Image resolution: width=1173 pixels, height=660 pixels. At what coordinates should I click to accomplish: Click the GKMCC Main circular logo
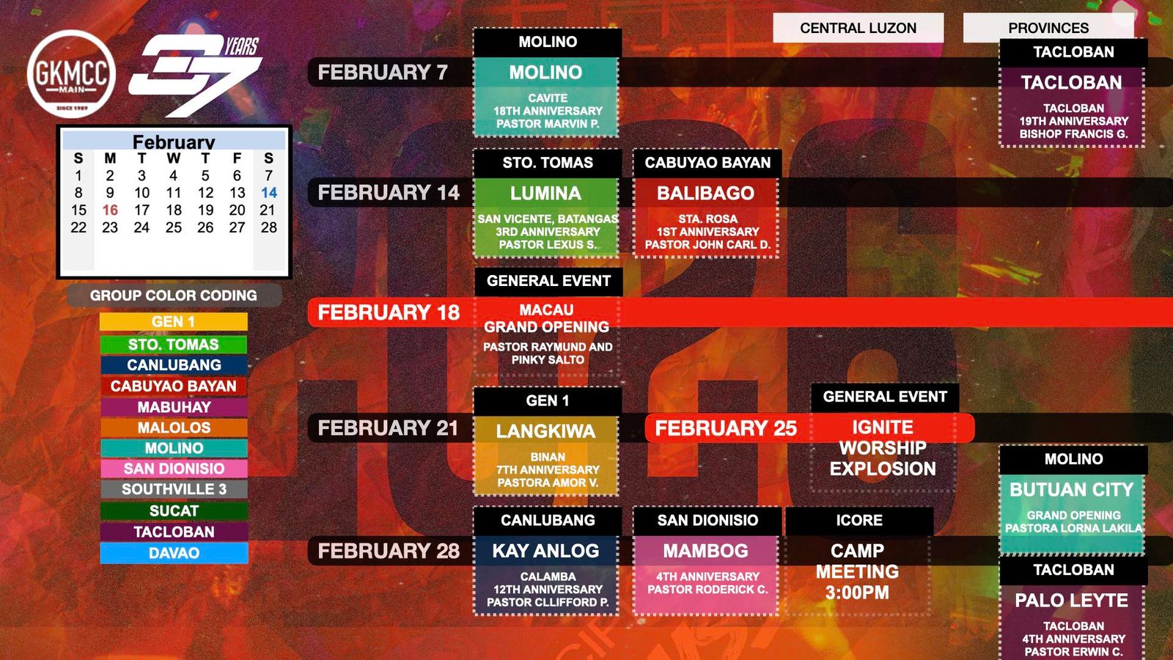(x=71, y=74)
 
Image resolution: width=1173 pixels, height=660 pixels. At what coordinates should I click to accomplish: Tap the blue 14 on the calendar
(x=269, y=193)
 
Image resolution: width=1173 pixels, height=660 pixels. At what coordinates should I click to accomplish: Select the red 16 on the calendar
(x=110, y=210)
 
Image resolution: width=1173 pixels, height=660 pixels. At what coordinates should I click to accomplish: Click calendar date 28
(x=269, y=227)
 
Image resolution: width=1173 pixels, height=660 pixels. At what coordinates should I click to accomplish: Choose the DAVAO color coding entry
(x=174, y=553)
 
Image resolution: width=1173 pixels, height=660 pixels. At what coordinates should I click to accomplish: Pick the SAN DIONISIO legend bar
(x=174, y=469)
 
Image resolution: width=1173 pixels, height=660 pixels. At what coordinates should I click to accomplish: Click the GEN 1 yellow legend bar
(x=173, y=322)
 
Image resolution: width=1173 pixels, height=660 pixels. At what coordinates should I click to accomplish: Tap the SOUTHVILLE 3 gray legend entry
(x=174, y=489)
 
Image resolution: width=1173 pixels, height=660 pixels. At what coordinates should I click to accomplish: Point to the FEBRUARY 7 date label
(x=383, y=73)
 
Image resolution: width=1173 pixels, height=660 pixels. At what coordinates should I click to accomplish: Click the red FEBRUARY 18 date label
(x=389, y=312)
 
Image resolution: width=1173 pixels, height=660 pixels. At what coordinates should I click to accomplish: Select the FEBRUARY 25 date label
(x=726, y=428)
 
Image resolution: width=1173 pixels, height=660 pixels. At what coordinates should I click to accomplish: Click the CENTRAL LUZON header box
(x=858, y=28)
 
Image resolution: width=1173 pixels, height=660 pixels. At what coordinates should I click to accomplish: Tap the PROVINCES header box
(x=1048, y=28)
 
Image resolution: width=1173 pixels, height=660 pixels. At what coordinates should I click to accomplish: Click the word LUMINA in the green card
(x=545, y=194)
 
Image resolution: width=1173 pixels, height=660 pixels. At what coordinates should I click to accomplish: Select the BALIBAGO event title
(x=706, y=194)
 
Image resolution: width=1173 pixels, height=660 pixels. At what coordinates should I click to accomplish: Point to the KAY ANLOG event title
(x=545, y=551)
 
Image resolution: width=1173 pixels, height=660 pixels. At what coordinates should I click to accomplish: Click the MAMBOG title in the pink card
(x=706, y=551)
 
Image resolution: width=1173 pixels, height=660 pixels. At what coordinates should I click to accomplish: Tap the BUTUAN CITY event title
(x=1071, y=490)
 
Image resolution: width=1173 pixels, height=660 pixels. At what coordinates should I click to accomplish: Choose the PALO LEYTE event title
(x=1071, y=601)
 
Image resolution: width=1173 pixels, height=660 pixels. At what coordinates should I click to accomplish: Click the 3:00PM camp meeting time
(x=857, y=593)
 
